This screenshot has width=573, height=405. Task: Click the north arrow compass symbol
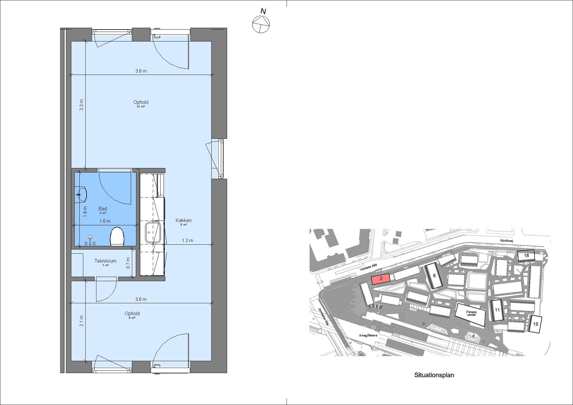tap(261, 24)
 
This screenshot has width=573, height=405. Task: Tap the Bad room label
tap(103, 210)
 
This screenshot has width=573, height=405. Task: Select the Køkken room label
tap(184, 222)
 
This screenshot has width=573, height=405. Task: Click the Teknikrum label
tap(105, 262)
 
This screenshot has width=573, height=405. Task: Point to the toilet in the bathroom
tap(117, 237)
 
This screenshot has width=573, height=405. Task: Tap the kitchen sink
tap(153, 232)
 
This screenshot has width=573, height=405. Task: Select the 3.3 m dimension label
tap(81, 105)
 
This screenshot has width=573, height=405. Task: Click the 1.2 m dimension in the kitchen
tap(188, 241)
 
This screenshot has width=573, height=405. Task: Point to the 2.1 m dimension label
tap(81, 321)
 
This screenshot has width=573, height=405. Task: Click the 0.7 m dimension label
tap(128, 263)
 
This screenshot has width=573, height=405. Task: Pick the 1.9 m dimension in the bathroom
tap(85, 211)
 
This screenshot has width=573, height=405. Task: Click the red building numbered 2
tap(381, 279)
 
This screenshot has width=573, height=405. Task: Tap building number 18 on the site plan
tap(526, 255)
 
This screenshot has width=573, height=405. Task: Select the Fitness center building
tap(471, 314)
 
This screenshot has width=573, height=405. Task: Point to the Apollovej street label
tap(506, 241)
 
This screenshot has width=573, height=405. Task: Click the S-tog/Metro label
tap(368, 335)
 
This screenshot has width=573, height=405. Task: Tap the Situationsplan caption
tap(434, 375)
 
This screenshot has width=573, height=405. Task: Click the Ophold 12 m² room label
tap(141, 104)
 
